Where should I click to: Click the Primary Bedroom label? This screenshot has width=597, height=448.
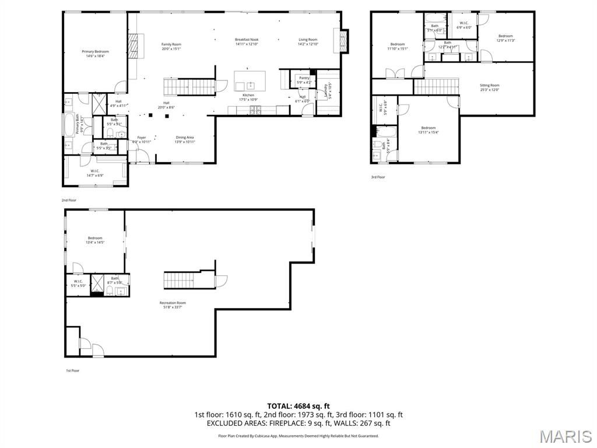[95, 54]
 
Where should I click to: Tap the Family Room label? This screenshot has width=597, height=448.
[171, 47]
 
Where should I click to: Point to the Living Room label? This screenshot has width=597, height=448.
[308, 42]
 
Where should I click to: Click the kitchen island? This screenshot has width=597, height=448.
[250, 80]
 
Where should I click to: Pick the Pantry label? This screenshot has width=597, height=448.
[304, 80]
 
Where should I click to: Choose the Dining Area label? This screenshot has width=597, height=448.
[185, 139]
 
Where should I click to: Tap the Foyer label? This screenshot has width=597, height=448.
[142, 139]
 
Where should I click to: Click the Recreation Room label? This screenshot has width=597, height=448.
[173, 304]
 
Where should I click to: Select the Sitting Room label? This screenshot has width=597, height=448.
[489, 87]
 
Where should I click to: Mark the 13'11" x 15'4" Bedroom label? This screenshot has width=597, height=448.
[429, 130]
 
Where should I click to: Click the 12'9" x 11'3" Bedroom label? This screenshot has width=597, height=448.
[505, 38]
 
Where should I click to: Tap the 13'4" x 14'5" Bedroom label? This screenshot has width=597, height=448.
[95, 240]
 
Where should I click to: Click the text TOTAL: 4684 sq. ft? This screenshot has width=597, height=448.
[298, 406]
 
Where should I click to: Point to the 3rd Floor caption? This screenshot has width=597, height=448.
[378, 177]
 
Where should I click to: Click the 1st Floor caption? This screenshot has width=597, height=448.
[72, 370]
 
